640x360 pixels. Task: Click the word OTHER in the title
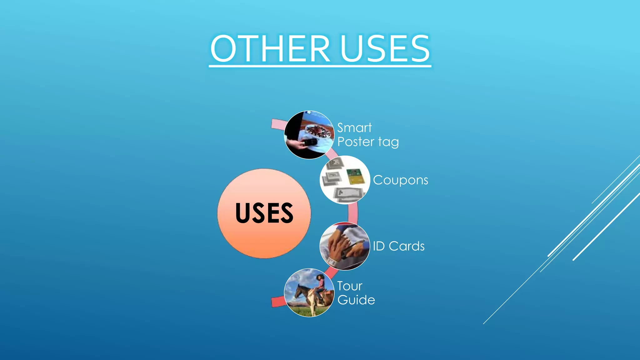(270, 49)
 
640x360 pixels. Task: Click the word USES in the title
(385, 49)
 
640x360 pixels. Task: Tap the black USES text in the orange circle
(264, 213)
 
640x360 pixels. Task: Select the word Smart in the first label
(354, 128)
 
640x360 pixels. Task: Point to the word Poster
(356, 142)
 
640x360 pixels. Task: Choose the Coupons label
(400, 180)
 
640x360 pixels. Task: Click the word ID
(379, 246)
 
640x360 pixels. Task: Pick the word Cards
(407, 246)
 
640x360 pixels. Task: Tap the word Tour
(350, 286)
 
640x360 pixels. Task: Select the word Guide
(356, 300)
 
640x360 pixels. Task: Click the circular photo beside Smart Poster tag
(309, 135)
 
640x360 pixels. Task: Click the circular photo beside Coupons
(345, 180)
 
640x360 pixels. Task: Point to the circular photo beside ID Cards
(345, 246)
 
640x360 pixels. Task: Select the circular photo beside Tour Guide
(309, 293)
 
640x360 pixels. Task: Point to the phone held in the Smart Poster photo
(310, 142)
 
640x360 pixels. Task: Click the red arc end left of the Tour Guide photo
(277, 302)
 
